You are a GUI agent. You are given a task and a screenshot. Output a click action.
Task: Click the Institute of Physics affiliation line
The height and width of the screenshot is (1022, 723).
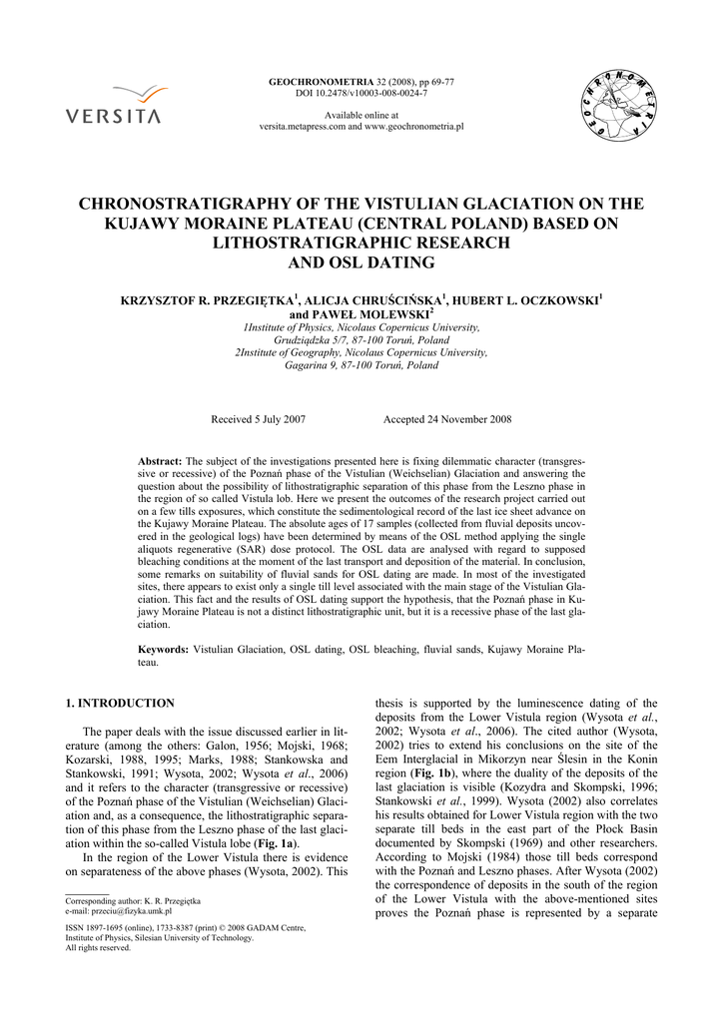361,326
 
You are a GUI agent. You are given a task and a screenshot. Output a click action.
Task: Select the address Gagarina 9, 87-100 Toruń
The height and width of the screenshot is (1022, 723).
361,365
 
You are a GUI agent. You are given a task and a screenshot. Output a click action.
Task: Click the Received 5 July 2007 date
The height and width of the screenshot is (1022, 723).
258,419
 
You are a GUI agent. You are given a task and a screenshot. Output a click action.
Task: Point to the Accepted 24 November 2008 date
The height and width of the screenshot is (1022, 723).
447,419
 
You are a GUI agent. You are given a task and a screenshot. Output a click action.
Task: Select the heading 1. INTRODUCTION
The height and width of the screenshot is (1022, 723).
120,703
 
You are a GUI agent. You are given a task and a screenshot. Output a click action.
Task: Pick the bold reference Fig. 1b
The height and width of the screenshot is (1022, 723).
421,772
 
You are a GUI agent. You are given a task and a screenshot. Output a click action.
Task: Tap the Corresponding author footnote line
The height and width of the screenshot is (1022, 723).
133,900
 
